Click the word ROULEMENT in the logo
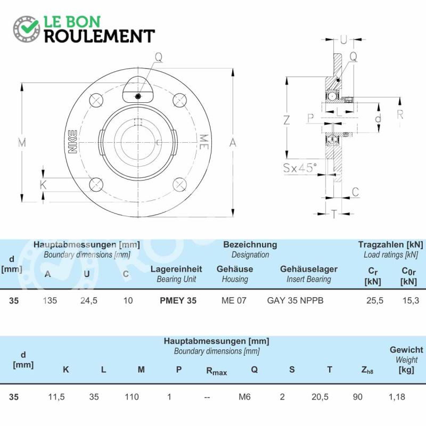[100, 36]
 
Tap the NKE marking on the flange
[72, 142]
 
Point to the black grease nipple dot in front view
[138, 96]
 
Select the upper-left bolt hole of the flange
[96, 100]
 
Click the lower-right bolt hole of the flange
[179, 184]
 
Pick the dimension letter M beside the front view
[22, 142]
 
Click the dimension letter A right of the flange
[233, 142]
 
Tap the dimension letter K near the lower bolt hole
[43, 185]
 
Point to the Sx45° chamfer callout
[300, 168]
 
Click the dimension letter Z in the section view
[287, 120]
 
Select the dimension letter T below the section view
[334, 214]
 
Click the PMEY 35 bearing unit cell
[178, 300]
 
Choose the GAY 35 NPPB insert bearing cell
[296, 300]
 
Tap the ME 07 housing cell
[234, 300]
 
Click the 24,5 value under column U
[89, 300]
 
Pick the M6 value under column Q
[244, 397]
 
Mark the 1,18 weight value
[397, 397]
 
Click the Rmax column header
[217, 371]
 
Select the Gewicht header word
[406, 350]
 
